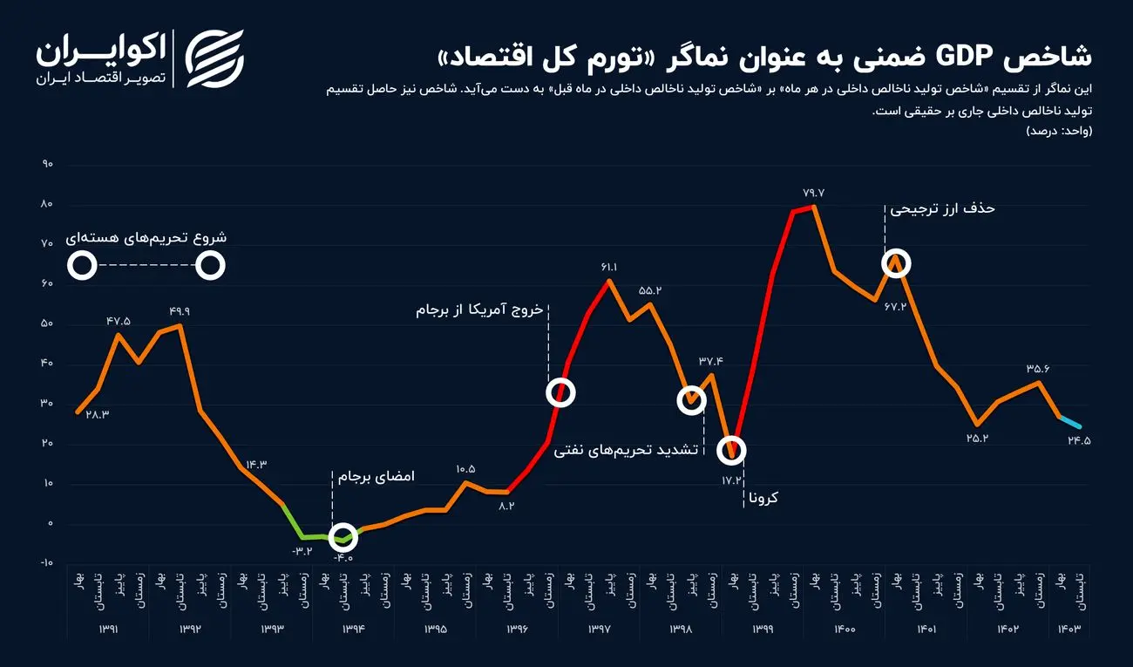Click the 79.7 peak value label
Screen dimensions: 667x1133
click(x=812, y=193)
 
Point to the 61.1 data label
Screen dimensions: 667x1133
click(x=608, y=267)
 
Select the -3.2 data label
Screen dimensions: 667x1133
click(x=302, y=550)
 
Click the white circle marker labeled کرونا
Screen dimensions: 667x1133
click(x=732, y=450)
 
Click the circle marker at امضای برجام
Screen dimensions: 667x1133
click(x=343, y=537)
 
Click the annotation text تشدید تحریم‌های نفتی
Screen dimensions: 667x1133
click(x=627, y=451)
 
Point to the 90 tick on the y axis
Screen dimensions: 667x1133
click(x=47, y=164)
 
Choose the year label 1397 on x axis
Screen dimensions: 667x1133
click(x=599, y=629)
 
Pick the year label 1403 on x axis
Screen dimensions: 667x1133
click(x=1069, y=629)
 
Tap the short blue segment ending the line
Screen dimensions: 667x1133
click(x=1069, y=421)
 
